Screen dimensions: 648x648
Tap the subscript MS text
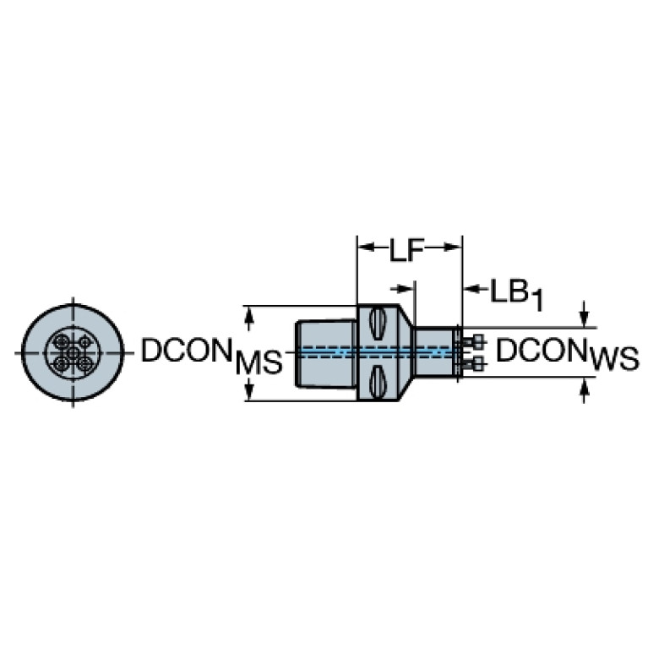point(259,362)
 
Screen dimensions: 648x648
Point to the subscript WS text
point(614,358)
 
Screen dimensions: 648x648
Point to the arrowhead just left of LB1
point(472,289)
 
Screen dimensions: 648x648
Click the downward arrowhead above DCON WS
point(584,319)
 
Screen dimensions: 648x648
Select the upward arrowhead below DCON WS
point(584,386)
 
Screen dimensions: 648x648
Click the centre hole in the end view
point(74,353)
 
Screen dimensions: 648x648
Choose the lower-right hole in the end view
point(85,364)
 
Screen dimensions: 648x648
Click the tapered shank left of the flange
point(326,353)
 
